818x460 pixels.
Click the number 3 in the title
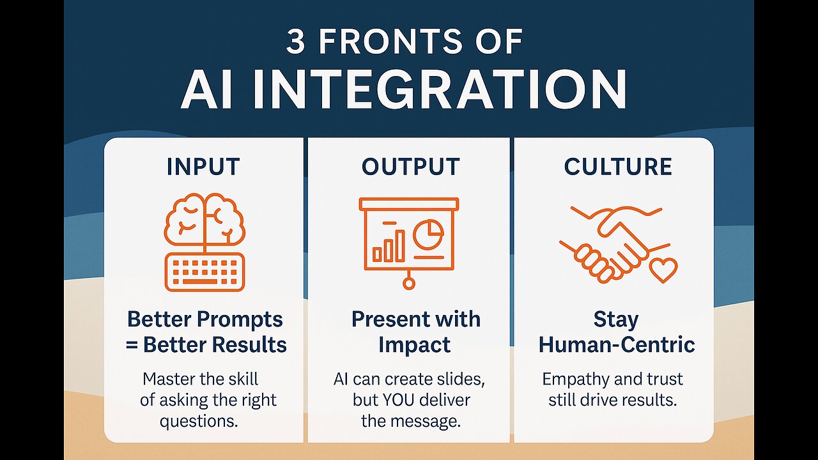point(296,42)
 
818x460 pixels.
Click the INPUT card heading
point(203,167)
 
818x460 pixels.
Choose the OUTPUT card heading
point(410,167)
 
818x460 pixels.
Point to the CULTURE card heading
point(618,167)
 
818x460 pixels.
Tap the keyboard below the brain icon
point(204,272)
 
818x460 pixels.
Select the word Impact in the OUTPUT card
point(414,345)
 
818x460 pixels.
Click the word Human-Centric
point(617,345)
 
